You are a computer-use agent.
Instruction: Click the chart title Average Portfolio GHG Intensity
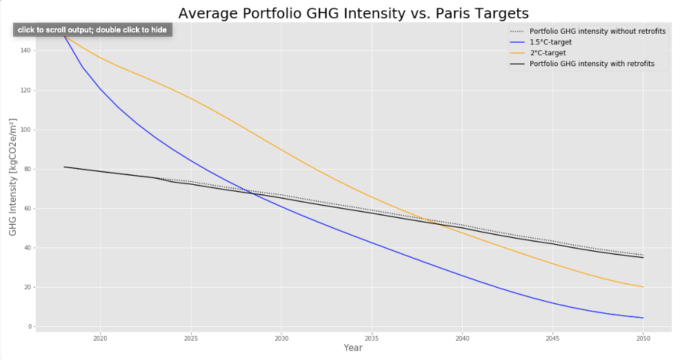(353, 13)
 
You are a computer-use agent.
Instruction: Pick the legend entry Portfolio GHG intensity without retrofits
(597, 31)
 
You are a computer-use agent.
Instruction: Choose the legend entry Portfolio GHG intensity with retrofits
(592, 64)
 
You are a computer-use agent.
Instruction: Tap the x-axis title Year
(353, 348)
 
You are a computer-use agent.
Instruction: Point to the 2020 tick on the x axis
(100, 338)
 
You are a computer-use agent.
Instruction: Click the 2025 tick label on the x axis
(191, 338)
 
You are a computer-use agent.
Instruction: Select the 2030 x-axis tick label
(281, 338)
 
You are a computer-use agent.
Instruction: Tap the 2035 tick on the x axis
(372, 338)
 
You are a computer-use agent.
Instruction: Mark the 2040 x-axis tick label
(462, 338)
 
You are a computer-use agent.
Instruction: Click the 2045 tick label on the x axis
(552, 338)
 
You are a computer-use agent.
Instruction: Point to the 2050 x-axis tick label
(643, 338)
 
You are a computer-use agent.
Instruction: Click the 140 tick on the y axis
(25, 51)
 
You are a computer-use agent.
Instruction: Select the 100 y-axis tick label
(25, 130)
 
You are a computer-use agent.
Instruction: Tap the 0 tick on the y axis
(29, 327)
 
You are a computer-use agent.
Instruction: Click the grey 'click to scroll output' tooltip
(92, 30)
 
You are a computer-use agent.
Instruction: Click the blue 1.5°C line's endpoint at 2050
(643, 318)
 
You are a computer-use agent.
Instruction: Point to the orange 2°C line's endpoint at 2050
(643, 287)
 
